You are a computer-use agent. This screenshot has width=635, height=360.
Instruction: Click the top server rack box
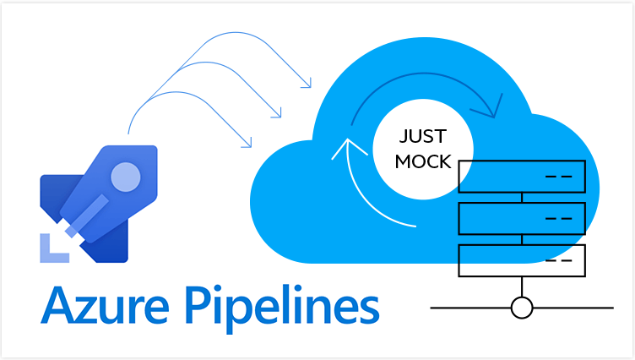[521, 177]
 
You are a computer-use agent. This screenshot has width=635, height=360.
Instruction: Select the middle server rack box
[521, 218]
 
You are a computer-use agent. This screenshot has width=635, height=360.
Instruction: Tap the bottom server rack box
[521, 259]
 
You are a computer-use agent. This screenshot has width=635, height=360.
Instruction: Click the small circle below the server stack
[522, 307]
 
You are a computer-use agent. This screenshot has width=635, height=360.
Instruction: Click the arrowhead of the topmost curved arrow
[306, 83]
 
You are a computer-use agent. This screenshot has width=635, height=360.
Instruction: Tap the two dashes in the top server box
[558, 177]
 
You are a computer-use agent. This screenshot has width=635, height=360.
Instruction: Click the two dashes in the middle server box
[558, 218]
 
